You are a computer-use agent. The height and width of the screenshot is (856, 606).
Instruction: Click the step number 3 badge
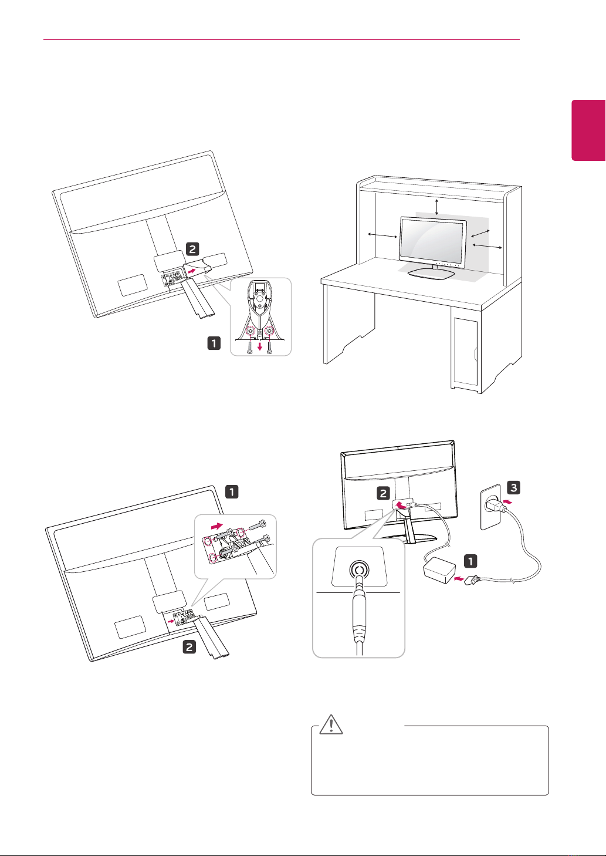tap(513, 487)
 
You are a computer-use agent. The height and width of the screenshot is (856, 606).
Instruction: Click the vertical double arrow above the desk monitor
tap(436, 207)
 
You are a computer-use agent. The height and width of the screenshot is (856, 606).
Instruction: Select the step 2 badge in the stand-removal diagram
tap(192, 249)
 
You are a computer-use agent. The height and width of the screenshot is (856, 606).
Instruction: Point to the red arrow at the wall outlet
tap(510, 503)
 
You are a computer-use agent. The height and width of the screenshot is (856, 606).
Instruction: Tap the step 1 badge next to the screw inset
tap(214, 343)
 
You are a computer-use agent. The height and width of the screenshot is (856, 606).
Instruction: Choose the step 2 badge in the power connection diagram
tap(383, 494)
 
